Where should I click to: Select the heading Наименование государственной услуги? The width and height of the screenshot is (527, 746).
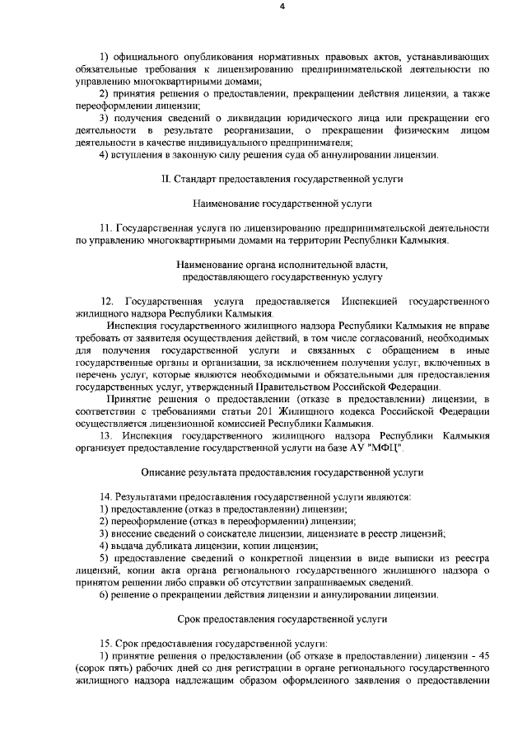pos(282,202)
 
